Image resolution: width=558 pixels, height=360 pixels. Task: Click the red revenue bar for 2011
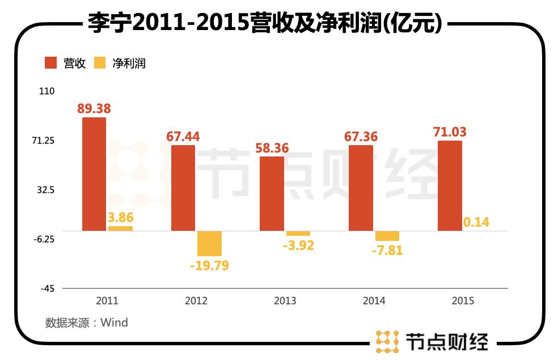pos(94,173)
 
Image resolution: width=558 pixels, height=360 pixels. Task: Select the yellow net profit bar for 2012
pos(209,243)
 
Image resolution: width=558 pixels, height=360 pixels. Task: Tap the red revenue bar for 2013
pos(272,193)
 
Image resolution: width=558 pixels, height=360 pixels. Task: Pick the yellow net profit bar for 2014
pos(387,236)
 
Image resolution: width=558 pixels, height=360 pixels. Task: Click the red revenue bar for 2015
pos(450,185)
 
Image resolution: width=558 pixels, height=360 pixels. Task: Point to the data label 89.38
pos(94,108)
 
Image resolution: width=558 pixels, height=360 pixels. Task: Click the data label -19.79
pos(209,265)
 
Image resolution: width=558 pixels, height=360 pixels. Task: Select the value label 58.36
pos(272,149)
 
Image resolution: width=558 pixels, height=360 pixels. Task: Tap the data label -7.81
pos(387,249)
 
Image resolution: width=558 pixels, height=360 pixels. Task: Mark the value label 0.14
pos(476,222)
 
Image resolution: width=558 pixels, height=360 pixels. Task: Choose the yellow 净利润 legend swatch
pos(100,63)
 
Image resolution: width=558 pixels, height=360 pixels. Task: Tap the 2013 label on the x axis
pos(285,301)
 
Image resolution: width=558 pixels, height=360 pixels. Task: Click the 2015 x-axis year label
pos(463,301)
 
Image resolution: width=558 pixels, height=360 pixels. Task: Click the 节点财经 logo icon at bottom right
pos(387,340)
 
